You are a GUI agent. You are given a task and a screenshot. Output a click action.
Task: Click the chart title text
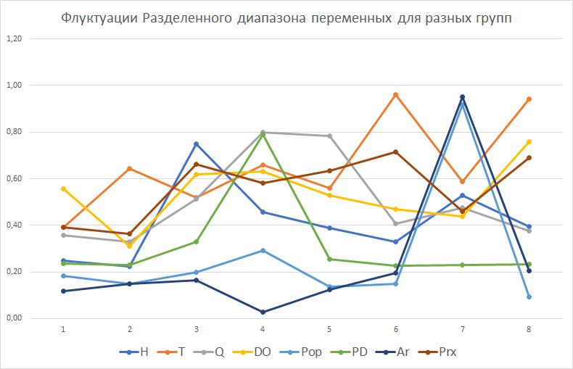tap(286, 18)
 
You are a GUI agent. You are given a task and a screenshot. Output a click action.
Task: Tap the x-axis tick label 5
tap(329, 329)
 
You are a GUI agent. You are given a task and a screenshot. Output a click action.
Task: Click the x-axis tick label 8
tap(529, 329)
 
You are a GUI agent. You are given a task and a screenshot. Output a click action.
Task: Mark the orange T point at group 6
tap(395, 94)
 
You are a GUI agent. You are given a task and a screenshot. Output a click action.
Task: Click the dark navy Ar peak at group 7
tap(462, 97)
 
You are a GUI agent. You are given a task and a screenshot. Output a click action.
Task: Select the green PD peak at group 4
tap(263, 134)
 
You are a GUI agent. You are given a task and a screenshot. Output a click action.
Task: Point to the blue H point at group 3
tap(196, 144)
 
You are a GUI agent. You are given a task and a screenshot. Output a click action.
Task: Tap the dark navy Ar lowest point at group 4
tap(263, 312)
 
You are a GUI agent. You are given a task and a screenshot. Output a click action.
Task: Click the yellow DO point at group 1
tap(63, 188)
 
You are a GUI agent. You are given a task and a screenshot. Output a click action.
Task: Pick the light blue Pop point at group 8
tap(529, 297)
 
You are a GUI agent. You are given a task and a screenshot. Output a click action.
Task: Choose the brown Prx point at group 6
tap(395, 152)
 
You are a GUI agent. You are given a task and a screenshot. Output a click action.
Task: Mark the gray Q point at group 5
tap(329, 136)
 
